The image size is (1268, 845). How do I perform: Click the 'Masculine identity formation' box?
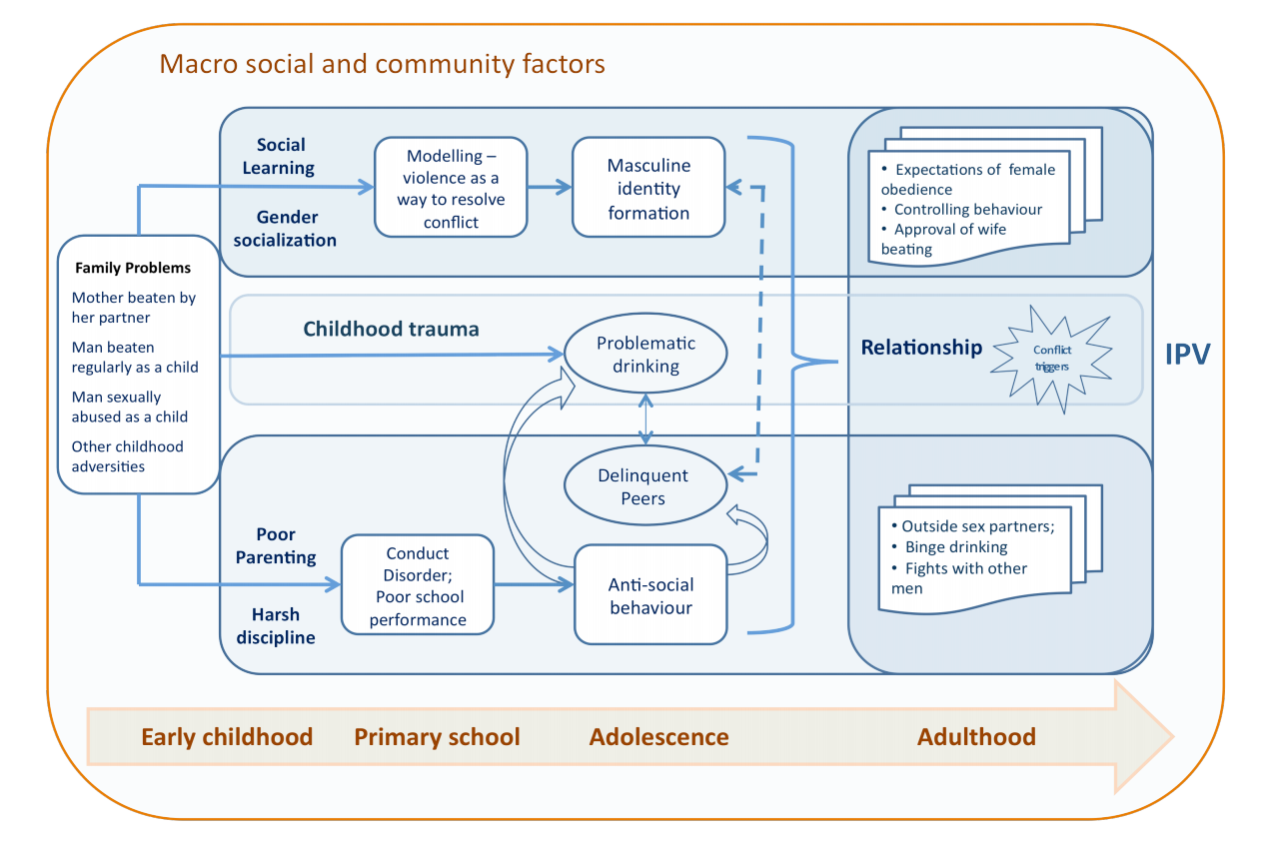tap(647, 188)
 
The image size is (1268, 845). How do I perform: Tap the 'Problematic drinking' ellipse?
tap(645, 355)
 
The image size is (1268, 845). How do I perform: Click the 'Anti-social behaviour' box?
tap(649, 595)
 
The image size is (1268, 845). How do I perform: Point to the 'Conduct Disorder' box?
tap(418, 586)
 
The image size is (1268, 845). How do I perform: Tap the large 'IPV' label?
tap(1187, 354)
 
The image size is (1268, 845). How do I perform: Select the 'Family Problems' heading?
tap(132, 268)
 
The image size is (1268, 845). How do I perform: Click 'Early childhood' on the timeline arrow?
tap(227, 737)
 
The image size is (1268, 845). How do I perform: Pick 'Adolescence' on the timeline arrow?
tap(658, 737)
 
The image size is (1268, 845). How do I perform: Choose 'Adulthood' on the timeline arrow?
tap(975, 737)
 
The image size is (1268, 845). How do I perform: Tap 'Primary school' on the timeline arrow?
tap(437, 737)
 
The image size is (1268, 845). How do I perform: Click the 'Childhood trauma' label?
tap(391, 329)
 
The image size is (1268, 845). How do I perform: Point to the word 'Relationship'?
tap(921, 348)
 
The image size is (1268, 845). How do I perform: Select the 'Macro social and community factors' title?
tap(382, 65)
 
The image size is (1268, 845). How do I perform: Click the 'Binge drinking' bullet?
tap(955, 547)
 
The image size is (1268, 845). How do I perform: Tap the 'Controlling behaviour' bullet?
tap(967, 210)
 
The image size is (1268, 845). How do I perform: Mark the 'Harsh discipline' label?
tap(275, 626)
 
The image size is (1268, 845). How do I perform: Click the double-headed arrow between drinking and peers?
tap(646, 419)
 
